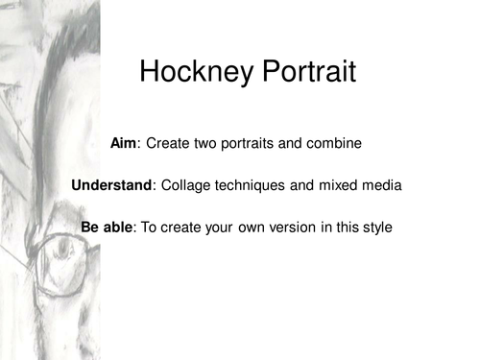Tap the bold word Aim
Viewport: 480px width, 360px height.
click(125, 144)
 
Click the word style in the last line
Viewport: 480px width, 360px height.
click(376, 228)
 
